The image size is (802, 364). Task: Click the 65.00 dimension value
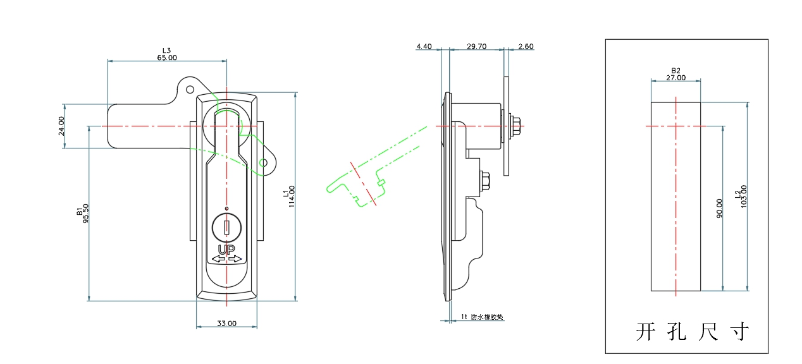167,58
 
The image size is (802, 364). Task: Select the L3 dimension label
167,50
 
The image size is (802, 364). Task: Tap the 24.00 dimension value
61,126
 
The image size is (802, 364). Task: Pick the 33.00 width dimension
226,324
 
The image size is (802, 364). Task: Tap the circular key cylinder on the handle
226,227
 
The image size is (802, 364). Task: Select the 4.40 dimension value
424,46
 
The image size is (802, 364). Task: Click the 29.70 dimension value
476,46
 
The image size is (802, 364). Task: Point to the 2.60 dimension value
525,46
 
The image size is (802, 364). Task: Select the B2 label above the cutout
676,71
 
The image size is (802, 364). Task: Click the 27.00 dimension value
676,78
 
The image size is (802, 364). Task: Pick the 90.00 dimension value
719,207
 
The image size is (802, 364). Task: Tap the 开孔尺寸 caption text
692,332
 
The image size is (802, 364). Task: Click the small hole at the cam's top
188,88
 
